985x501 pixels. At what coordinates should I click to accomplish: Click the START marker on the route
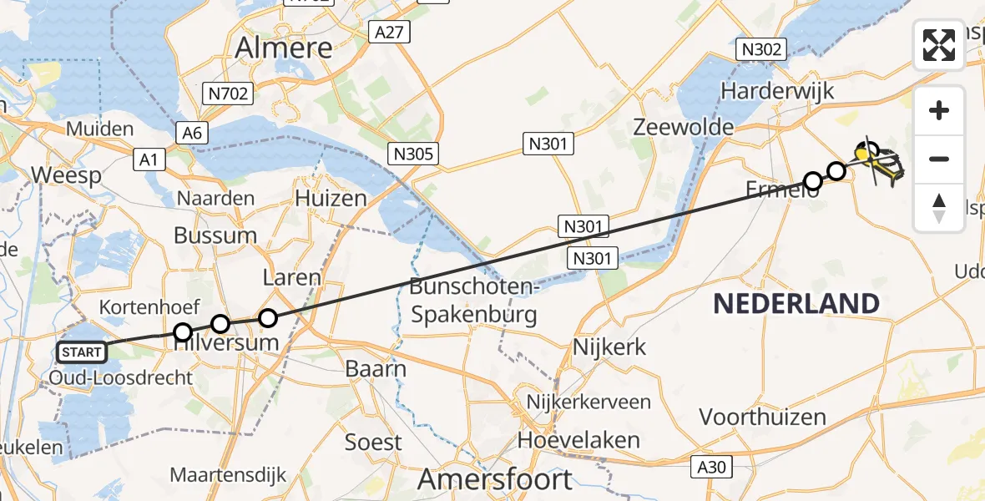coord(82,352)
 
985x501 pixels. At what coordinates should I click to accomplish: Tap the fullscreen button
coord(939,45)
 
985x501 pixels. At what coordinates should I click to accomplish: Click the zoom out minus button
coord(939,159)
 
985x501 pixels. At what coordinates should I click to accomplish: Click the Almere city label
coord(285,48)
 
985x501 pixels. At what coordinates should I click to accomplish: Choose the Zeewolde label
coord(683,127)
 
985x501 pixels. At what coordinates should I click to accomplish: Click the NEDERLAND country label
coord(796,303)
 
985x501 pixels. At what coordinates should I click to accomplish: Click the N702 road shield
coord(229,93)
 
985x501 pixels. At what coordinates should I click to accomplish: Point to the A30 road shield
coord(711,468)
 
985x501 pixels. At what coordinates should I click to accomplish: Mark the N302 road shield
coord(760,49)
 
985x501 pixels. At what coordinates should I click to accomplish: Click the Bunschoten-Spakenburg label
coord(472,301)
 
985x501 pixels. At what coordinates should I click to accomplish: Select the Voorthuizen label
coord(762,417)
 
